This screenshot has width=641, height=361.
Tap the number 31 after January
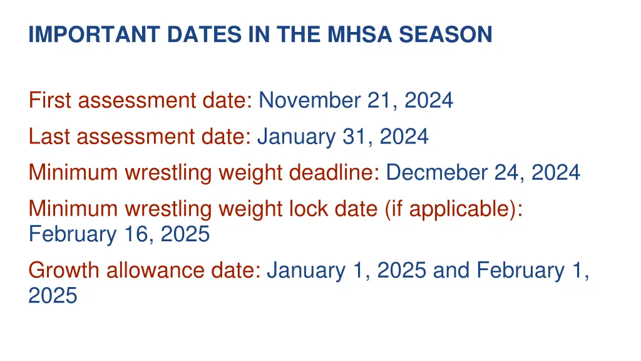coord(356,135)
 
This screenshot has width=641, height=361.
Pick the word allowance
coord(151,270)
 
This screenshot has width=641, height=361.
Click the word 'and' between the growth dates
coord(451,270)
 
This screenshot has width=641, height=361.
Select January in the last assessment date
coord(296,135)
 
